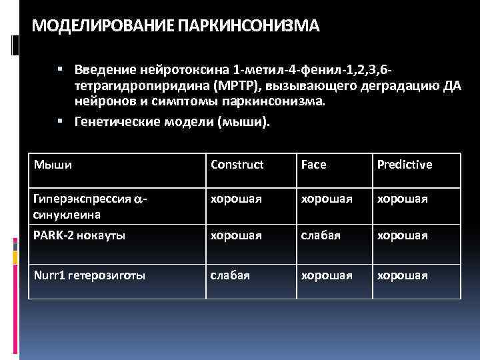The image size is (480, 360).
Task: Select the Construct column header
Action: point(237,164)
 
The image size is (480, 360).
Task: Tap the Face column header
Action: point(314,164)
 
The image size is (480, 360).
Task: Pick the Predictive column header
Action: point(405,164)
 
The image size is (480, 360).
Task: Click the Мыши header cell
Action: point(53,163)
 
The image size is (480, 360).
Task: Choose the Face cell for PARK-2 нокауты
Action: point(319,235)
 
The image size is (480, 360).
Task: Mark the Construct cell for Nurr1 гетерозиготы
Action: point(230,275)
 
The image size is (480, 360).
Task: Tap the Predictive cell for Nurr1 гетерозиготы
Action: point(402,275)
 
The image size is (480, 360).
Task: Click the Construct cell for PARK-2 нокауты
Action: point(235,235)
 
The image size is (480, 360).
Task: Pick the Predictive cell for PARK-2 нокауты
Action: point(402,235)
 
